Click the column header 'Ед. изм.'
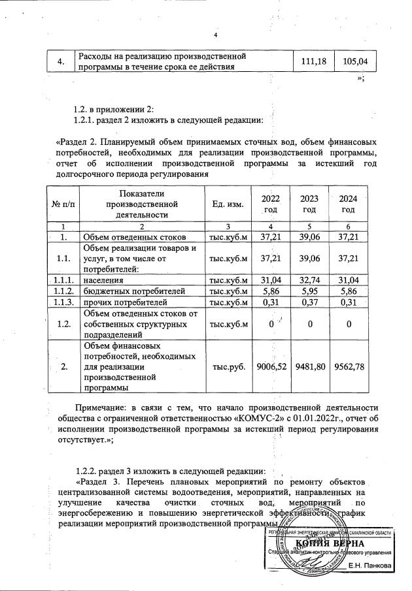point(228,204)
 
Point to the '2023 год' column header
point(309,204)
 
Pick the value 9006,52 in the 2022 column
point(269,367)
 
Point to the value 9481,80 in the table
point(310,367)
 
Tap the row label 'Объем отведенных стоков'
point(134,236)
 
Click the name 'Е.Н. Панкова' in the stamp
point(370,566)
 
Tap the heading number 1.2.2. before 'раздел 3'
point(90,470)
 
